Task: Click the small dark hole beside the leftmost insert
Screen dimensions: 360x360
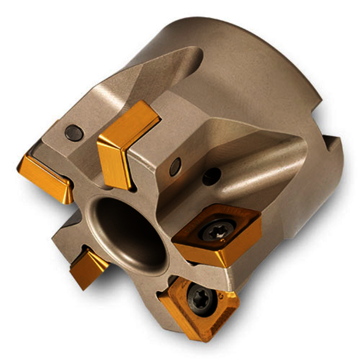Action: coord(73,131)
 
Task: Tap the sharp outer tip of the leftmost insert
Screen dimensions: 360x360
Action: coord(21,163)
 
